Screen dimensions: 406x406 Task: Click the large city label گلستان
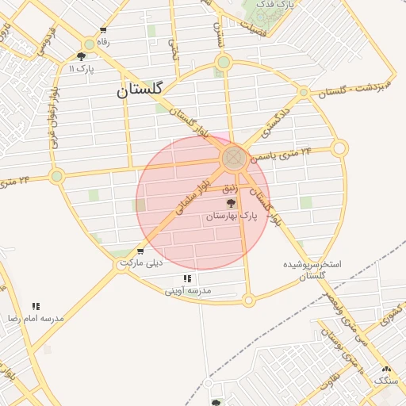click(139, 90)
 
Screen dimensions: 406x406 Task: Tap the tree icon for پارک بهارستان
click(232, 203)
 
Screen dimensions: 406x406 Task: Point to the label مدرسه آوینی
click(188, 291)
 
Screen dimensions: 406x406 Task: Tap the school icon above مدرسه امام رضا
click(36, 306)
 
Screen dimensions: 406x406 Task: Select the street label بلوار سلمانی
click(195, 193)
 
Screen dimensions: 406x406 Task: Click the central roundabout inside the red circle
click(234, 158)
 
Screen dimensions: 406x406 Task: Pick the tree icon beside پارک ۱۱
click(81, 56)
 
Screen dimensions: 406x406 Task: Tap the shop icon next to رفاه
click(103, 31)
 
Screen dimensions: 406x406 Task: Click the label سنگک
click(386, 381)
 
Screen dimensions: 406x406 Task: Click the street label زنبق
click(230, 188)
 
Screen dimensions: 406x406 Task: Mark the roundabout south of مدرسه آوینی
click(248, 301)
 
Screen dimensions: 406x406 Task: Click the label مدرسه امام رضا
click(36, 318)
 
